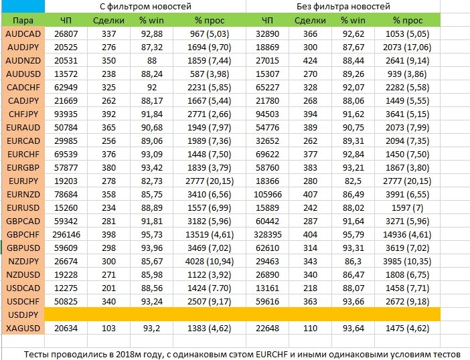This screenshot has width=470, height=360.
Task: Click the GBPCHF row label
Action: (23, 234)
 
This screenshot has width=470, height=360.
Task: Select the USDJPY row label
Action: (23, 314)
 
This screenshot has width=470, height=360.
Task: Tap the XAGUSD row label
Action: (23, 329)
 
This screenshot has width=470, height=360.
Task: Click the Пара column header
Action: (23, 20)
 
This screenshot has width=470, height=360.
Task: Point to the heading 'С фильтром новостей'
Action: (145, 6)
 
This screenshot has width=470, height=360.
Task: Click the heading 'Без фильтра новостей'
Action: (343, 6)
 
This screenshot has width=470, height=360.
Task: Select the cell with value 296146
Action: (66, 234)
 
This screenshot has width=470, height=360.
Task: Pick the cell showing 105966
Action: (268, 194)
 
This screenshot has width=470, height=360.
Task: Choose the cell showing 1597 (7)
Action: (407, 208)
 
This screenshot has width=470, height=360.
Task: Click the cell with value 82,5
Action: (353, 181)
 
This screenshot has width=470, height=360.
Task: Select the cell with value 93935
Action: (66, 114)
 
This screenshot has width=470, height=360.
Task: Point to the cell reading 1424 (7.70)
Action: (209, 288)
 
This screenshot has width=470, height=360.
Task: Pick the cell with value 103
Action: (108, 329)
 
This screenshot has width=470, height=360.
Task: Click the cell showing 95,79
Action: (353, 234)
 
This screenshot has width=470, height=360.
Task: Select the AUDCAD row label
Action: (23, 34)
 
